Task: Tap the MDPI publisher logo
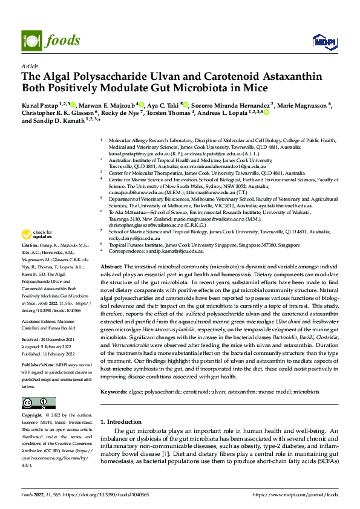pos(324,41)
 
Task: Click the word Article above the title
pos(29,66)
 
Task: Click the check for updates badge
pos(38,234)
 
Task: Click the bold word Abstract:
pos(113,267)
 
